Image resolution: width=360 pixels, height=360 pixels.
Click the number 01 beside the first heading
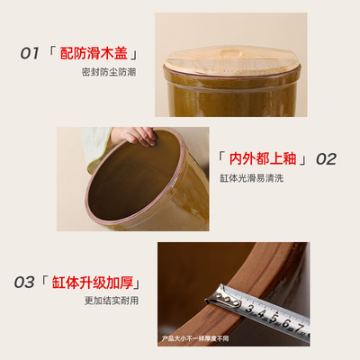(31, 53)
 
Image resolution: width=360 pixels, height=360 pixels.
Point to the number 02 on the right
(325, 159)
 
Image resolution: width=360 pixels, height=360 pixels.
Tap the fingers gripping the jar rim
(135, 137)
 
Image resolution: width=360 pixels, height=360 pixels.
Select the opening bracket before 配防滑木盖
(52, 53)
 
